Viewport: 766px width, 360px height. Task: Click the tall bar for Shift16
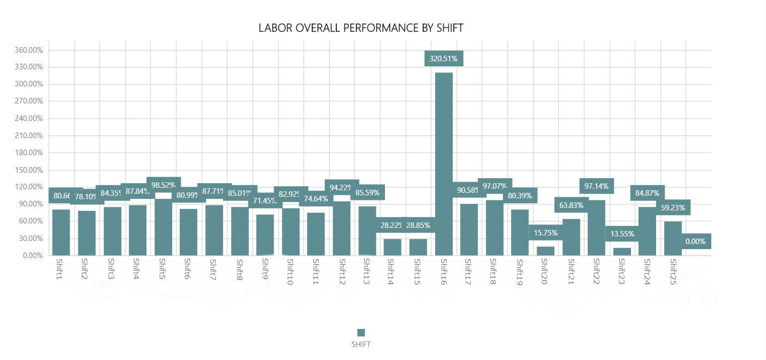(444, 164)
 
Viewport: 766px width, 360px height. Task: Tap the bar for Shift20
(546, 251)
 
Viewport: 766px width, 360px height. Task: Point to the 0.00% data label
(696, 242)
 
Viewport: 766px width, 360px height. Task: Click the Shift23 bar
(622, 251)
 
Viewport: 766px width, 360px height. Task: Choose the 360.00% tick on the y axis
(29, 50)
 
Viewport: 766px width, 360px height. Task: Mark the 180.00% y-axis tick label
(29, 153)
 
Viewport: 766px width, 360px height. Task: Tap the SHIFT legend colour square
(361, 332)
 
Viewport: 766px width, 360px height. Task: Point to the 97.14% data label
(596, 186)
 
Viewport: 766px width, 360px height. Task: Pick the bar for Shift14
(393, 247)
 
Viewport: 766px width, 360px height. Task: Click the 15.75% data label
(546, 233)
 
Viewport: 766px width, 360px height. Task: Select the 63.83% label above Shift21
(571, 205)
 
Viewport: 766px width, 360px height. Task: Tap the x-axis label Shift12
(342, 271)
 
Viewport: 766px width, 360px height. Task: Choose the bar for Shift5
(163, 227)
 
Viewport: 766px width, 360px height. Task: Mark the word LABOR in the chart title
(275, 28)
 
